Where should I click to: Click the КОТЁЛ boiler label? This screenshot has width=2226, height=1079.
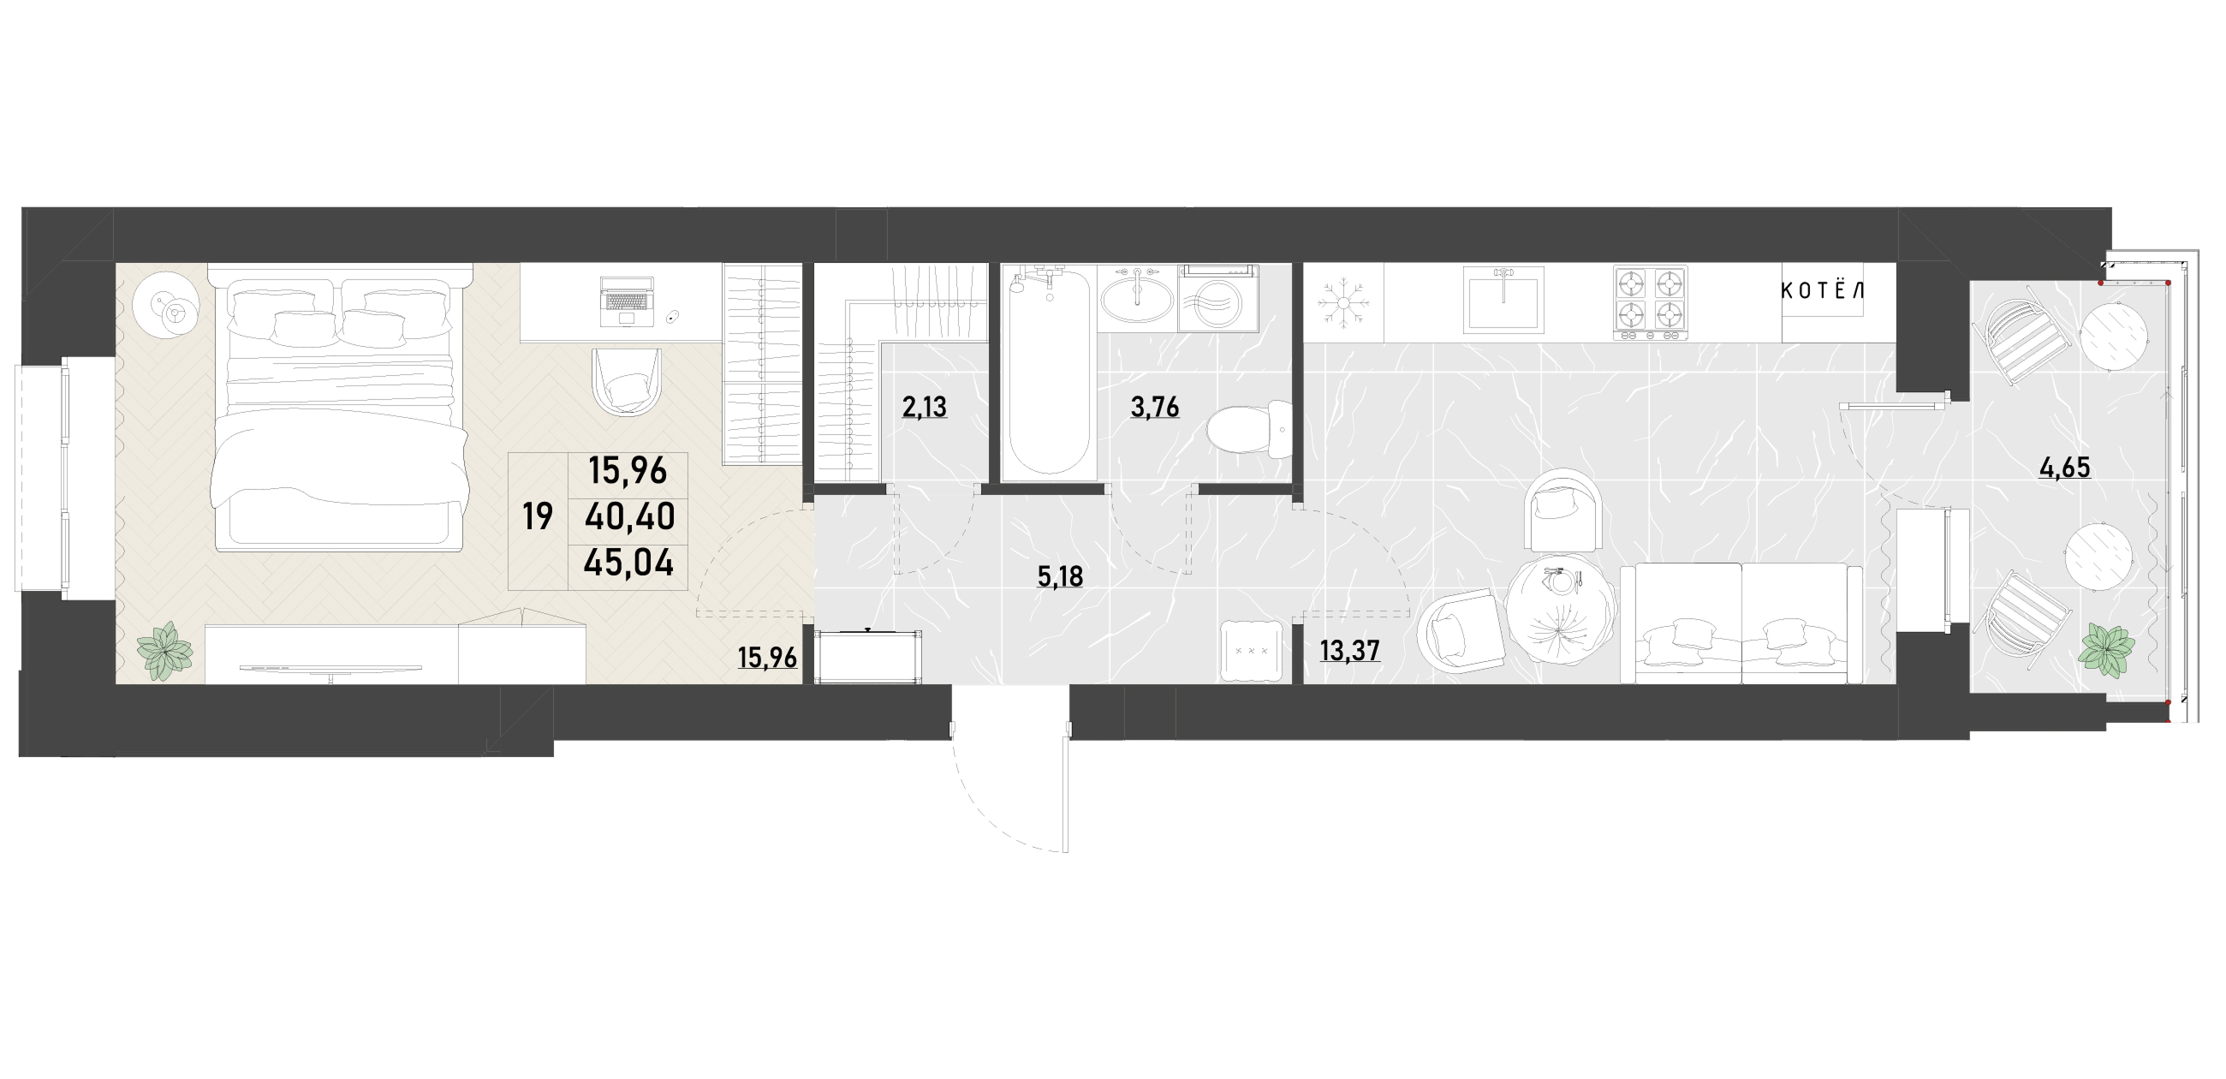click(x=1822, y=290)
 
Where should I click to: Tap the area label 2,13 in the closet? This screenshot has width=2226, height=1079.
click(x=925, y=407)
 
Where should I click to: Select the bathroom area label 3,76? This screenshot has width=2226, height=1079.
click(x=1155, y=407)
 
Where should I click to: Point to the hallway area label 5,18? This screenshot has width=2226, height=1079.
click(x=1060, y=576)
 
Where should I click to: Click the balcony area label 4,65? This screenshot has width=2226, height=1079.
click(x=2064, y=468)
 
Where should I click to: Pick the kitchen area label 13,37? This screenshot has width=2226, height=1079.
click(x=1350, y=650)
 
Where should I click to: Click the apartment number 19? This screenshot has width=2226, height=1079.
click(x=538, y=517)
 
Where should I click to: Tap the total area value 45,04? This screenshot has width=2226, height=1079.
click(x=628, y=563)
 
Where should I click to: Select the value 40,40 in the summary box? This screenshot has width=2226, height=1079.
click(x=630, y=517)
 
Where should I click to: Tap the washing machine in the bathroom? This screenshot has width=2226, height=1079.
click(x=1217, y=298)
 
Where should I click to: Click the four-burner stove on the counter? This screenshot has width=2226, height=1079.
click(x=1650, y=301)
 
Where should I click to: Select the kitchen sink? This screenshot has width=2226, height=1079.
click(x=1503, y=299)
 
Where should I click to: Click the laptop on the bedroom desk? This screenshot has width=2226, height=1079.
click(x=627, y=301)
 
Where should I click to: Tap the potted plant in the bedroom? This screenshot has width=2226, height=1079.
click(x=164, y=650)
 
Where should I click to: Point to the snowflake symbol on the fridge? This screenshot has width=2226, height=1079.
click(x=1343, y=301)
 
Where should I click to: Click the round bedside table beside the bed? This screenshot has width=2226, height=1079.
click(x=167, y=305)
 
